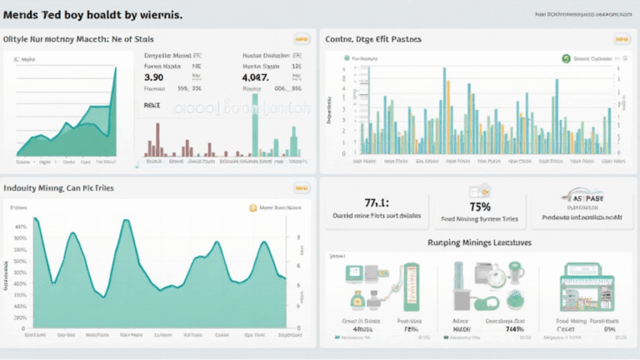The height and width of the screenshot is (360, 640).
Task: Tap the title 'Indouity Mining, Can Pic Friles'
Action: [x=59, y=188]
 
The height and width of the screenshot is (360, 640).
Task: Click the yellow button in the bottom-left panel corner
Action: [x=301, y=188]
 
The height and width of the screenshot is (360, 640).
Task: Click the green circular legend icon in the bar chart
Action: [x=566, y=58]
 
